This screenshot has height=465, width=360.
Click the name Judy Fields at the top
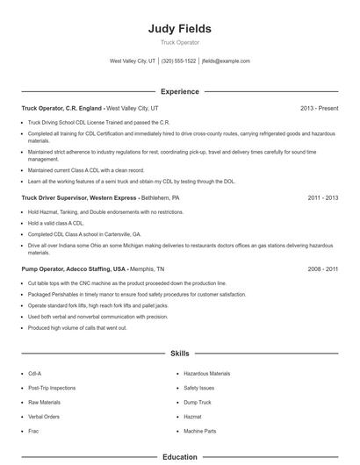click(180, 29)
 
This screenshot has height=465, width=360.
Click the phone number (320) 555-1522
click(179, 61)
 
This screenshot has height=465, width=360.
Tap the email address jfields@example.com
click(226, 61)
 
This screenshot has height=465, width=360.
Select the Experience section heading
click(180, 91)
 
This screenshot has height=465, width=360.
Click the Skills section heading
click(180, 354)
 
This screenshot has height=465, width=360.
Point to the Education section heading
click(180, 457)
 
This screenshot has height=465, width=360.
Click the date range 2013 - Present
click(319, 108)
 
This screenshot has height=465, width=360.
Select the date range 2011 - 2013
click(322, 198)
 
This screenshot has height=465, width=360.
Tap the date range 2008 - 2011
click(322, 269)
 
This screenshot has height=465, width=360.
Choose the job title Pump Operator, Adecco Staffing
click(74, 269)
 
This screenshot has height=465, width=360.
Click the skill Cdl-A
click(35, 373)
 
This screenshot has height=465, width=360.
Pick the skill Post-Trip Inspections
click(52, 388)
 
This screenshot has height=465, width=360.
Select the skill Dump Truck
click(197, 403)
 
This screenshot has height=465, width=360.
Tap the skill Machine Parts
click(200, 432)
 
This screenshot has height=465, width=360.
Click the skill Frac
click(33, 432)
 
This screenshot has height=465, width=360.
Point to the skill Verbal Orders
click(44, 417)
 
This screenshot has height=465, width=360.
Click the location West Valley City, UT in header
click(133, 61)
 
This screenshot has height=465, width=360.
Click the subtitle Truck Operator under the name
click(180, 42)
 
